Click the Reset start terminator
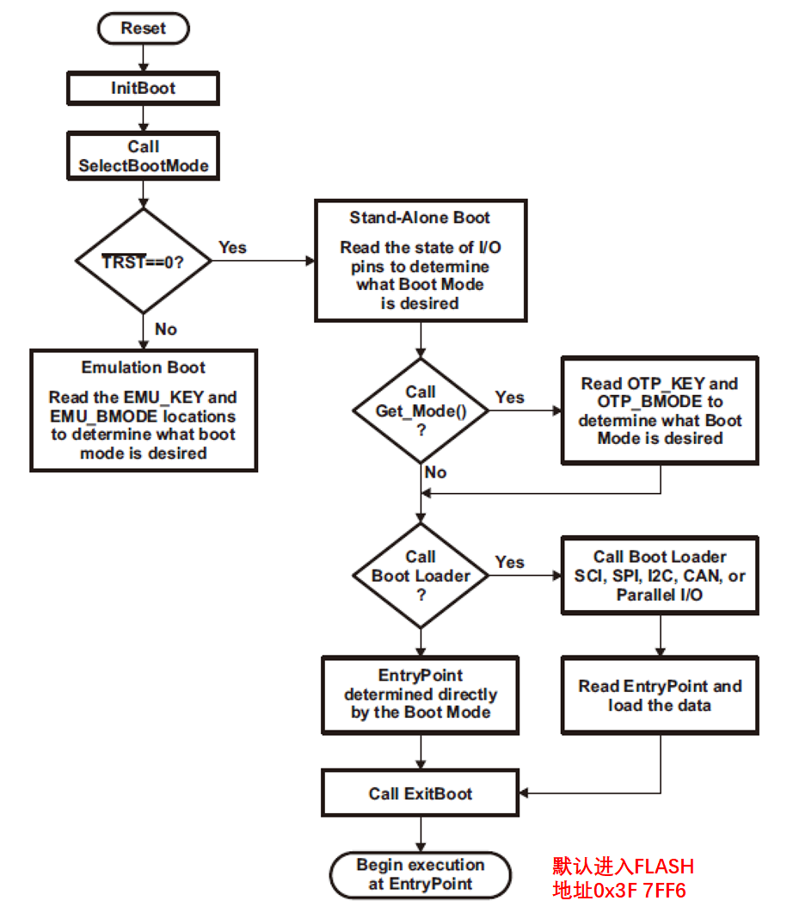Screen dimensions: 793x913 coord(143,28)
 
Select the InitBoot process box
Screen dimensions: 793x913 coord(143,88)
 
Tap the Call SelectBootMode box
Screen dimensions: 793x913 coord(143,156)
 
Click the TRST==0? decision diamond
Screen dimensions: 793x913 coord(143,261)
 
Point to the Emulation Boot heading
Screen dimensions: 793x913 coord(143,367)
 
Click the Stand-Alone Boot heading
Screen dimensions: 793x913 coord(420,218)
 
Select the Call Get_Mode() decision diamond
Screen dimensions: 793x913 coord(421,410)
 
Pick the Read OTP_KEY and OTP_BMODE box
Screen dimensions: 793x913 coord(660,410)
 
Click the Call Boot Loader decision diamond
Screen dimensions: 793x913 coord(421,576)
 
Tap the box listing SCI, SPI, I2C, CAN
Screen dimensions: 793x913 coord(660,576)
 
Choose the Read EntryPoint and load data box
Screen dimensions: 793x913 coord(660,695)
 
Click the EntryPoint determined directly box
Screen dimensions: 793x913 coord(420,695)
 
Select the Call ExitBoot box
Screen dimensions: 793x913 coord(420,793)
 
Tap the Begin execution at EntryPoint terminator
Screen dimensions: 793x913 coord(420,874)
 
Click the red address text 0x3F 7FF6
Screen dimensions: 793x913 coord(619,891)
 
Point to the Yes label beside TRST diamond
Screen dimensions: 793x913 coord(233,248)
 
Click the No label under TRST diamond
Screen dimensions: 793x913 coord(166,329)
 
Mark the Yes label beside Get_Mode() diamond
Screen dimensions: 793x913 coord(510,397)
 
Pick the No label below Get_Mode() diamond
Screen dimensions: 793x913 coord(436,472)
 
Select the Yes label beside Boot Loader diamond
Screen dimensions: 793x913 coord(510,562)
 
